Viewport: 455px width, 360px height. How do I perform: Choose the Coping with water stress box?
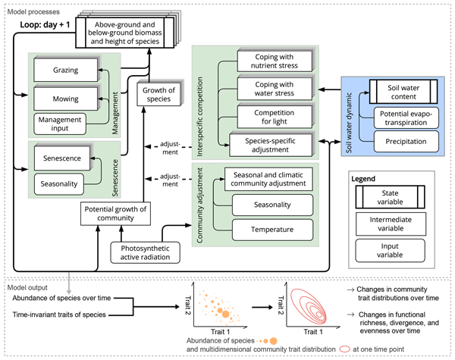point(273,89)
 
